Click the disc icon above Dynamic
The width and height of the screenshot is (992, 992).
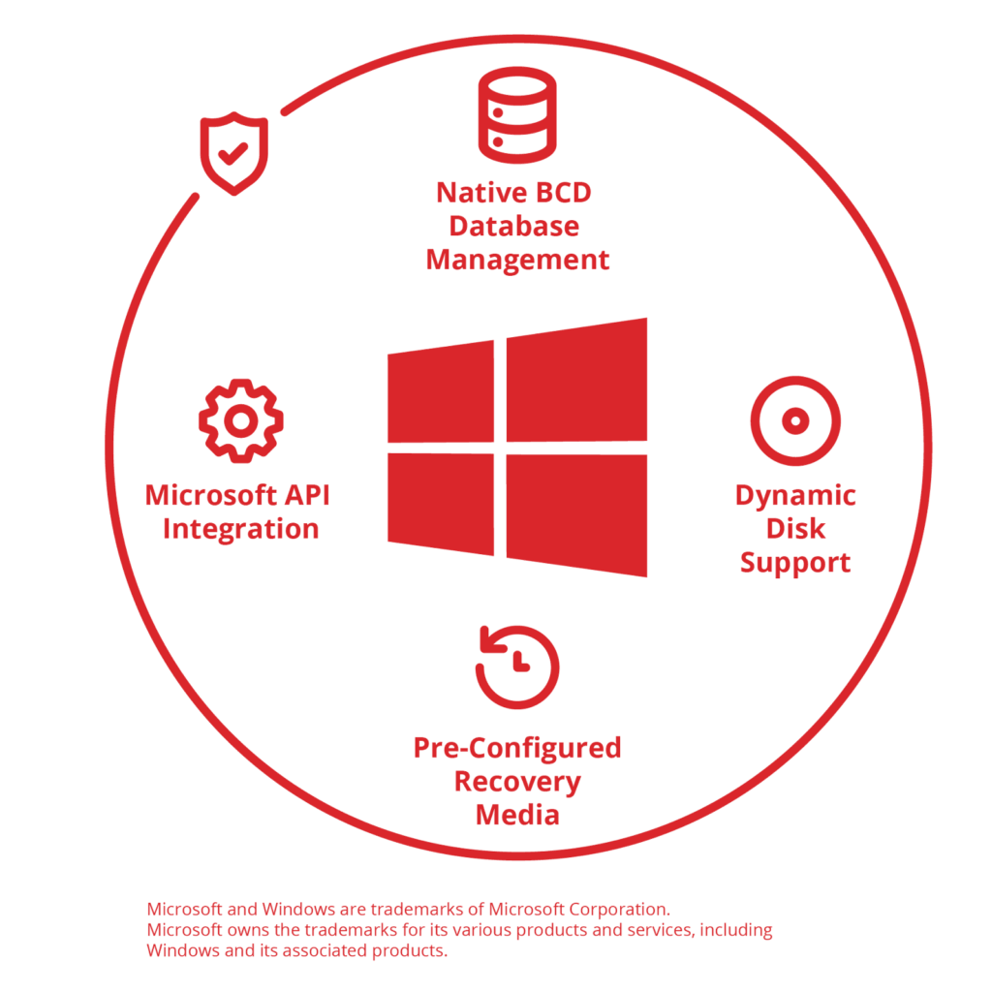[795, 421]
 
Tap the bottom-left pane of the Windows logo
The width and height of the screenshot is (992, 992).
[442, 504]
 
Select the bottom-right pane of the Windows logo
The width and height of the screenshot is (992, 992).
[576, 513]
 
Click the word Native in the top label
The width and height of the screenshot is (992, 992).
[469, 192]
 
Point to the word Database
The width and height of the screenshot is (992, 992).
[514, 226]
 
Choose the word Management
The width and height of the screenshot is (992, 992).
[518, 260]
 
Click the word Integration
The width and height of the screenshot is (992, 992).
[241, 530]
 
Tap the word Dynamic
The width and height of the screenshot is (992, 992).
[795, 495]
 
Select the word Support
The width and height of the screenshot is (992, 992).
[795, 563]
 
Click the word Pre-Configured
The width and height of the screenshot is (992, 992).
[518, 748]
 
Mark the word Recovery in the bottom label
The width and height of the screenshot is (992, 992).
[518, 781]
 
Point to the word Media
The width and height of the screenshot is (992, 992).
[518, 815]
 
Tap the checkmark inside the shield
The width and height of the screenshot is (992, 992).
[232, 152]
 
